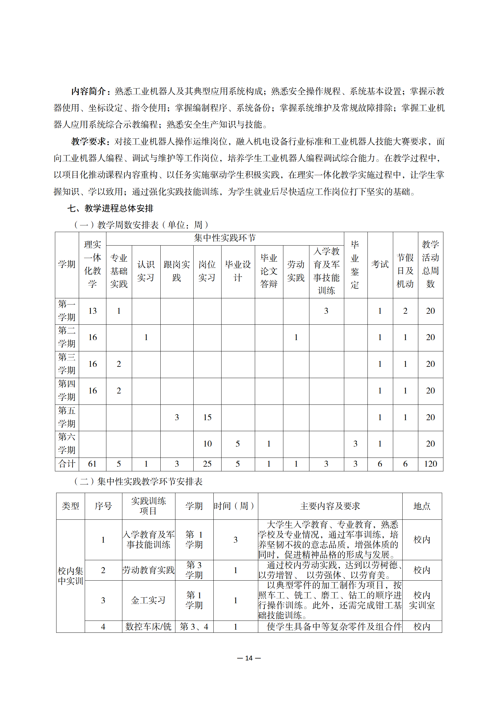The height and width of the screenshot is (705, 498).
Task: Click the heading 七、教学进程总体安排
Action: click(110, 208)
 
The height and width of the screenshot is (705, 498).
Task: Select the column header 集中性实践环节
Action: click(225, 238)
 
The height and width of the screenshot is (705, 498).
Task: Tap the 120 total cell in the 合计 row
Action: click(430, 464)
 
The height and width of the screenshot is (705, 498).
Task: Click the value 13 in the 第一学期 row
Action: click(92, 311)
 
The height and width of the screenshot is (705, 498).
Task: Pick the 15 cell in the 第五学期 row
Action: click(207, 417)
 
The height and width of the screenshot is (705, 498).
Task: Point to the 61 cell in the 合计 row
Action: click(92, 464)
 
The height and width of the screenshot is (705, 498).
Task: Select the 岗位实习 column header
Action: click(207, 271)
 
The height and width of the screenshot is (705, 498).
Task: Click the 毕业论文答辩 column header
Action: click(269, 271)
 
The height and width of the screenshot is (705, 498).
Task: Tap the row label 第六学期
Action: click(67, 443)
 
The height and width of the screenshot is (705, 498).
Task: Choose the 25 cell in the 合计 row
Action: click(207, 464)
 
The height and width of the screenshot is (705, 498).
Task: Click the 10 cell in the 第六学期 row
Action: click(207, 444)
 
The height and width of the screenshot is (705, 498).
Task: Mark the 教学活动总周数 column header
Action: click(430, 264)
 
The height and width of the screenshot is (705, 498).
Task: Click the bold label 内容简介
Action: click(89, 91)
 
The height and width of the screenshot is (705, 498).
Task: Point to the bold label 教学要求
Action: click(89, 142)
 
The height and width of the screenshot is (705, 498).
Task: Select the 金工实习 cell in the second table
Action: click(148, 600)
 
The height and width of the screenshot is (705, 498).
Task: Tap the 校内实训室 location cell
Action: click(422, 600)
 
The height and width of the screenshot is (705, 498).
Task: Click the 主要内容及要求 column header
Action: click(330, 506)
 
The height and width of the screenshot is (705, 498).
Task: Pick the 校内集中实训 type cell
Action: click(70, 576)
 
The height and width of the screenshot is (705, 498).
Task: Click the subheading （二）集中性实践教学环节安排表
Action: click(138, 482)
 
